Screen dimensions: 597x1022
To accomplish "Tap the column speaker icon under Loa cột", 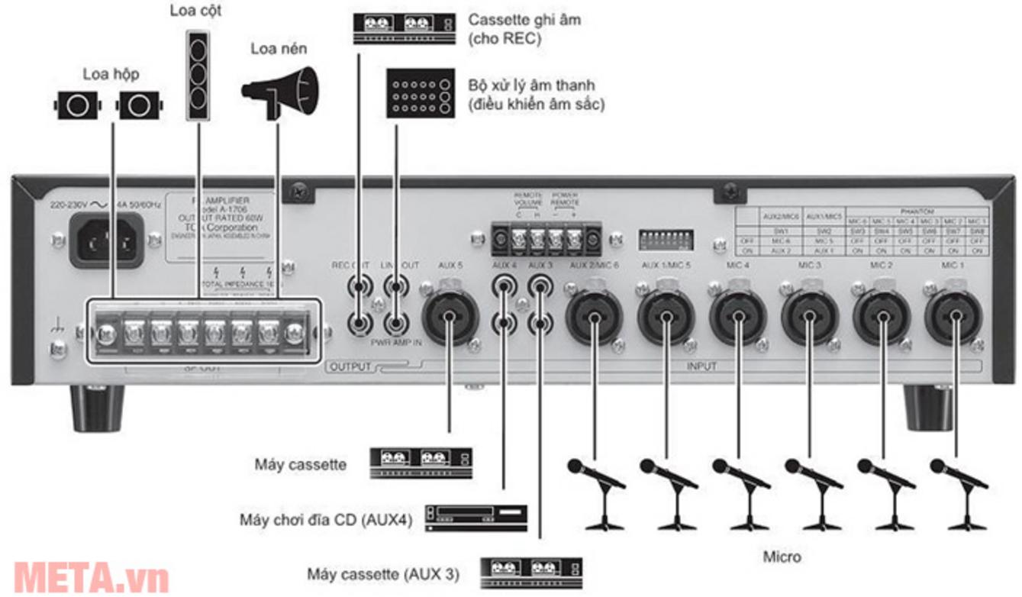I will point(197,76).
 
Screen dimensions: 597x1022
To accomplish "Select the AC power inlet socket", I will point(107,239).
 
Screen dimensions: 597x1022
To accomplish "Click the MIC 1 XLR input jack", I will point(954,314).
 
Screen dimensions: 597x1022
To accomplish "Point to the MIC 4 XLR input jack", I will point(738,314).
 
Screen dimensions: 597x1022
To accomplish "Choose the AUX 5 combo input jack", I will point(450,314).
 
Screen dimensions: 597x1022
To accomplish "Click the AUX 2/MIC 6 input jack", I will point(594,314).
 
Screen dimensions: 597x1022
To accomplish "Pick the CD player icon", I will point(476,517).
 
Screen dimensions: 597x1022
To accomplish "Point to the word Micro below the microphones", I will point(782,557).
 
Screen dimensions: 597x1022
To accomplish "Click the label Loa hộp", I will point(111,74).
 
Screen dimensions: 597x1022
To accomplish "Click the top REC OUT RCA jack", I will point(357,288).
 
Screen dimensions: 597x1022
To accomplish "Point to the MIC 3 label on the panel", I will point(810,265).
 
